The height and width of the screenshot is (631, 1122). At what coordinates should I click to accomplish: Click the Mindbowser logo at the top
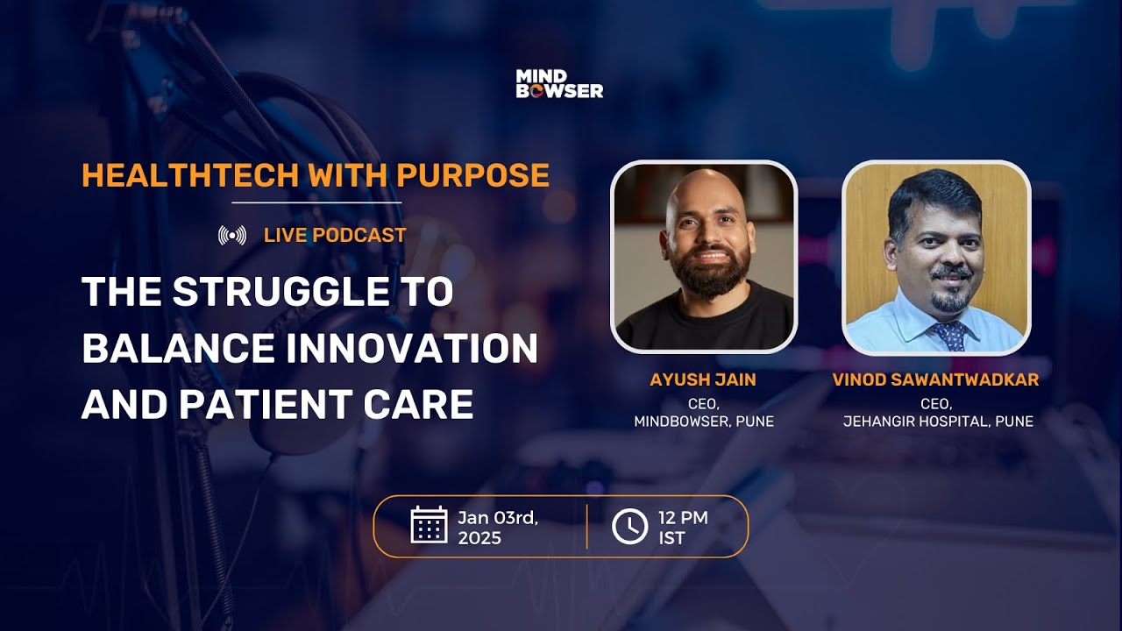[559, 84]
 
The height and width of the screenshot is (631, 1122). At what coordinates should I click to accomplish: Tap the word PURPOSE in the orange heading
[472, 175]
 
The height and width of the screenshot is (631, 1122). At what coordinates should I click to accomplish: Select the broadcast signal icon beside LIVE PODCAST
[232, 235]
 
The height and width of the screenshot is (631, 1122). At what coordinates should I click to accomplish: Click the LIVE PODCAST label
[335, 235]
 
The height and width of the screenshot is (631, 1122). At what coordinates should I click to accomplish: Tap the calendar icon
[429, 525]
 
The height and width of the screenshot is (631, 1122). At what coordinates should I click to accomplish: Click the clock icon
[629, 526]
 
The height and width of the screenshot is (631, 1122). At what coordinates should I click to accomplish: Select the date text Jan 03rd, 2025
[497, 527]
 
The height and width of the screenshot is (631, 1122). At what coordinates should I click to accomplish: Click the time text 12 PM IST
[682, 527]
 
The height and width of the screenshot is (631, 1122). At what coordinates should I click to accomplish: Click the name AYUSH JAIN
[703, 379]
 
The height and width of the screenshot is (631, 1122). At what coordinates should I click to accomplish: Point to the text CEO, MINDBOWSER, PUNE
[703, 413]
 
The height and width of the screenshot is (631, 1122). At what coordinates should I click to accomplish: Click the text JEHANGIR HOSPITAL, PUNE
[937, 422]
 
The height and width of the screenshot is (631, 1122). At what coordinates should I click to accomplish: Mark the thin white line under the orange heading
[316, 203]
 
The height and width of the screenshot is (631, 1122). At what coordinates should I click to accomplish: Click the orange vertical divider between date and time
[586, 526]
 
